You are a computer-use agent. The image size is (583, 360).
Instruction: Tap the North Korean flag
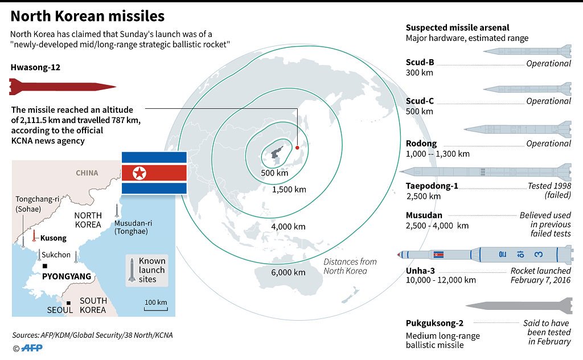(x=154, y=173)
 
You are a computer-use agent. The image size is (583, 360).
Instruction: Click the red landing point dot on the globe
(x=297, y=148)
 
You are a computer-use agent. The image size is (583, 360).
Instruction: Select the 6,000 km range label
(x=288, y=272)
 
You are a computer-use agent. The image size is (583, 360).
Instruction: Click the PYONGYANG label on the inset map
(x=67, y=276)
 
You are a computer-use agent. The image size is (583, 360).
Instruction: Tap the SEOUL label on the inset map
(x=60, y=310)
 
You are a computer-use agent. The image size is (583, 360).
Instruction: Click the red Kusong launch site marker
(x=34, y=236)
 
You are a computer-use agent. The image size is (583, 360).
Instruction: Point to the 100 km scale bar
(x=155, y=305)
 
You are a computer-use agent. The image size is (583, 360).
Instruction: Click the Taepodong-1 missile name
(x=432, y=186)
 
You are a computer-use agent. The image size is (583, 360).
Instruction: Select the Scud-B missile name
(x=420, y=62)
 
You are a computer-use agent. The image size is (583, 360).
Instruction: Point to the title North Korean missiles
(x=88, y=15)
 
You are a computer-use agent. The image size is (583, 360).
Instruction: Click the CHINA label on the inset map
(x=87, y=173)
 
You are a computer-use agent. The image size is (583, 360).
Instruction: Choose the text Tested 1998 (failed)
(x=549, y=190)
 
